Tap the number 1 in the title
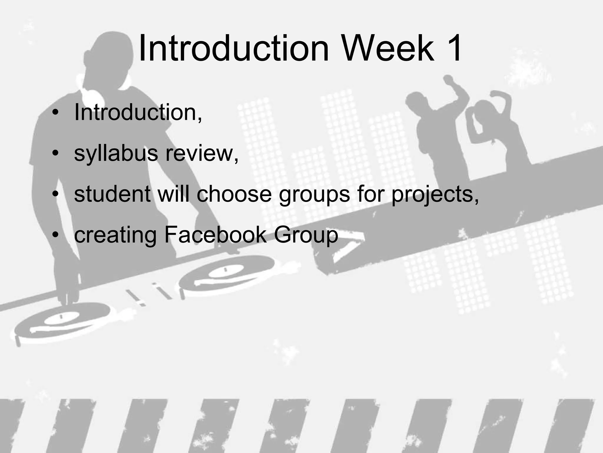pyautogui.click(x=452, y=48)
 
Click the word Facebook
pyautogui.click(x=215, y=235)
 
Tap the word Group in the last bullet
pyautogui.click(x=306, y=235)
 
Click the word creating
pyautogui.click(x=115, y=235)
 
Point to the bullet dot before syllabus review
pyautogui.click(x=55, y=153)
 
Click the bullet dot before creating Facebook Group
pyautogui.click(x=55, y=235)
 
